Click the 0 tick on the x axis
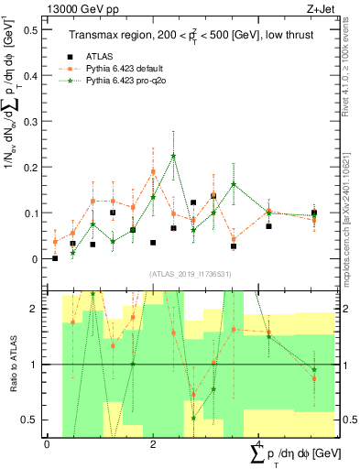(x=47, y=444)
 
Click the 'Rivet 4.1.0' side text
(x=352, y=73)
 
